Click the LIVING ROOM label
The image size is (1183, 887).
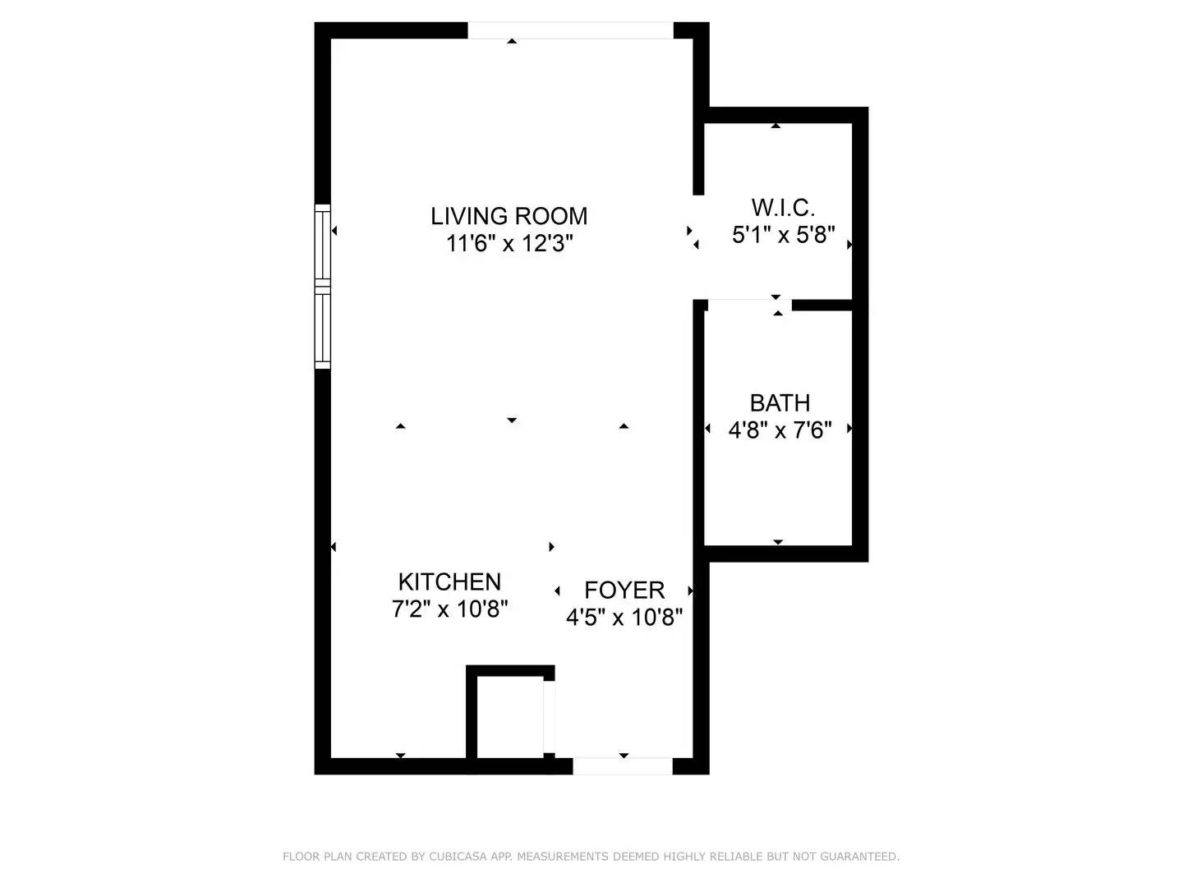(x=509, y=216)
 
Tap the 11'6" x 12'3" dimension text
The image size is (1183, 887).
(x=509, y=244)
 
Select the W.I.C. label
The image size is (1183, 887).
(x=783, y=207)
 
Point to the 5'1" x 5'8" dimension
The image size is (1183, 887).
(x=783, y=236)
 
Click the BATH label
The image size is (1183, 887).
(x=780, y=402)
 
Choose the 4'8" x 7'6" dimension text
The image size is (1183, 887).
(x=780, y=430)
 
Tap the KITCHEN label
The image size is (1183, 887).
(x=449, y=581)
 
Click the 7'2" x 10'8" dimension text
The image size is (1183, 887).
(x=449, y=609)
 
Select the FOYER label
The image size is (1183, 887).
(x=624, y=590)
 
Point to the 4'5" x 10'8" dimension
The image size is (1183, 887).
(x=624, y=617)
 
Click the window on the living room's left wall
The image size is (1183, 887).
(x=323, y=285)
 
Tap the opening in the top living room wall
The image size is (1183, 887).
(x=570, y=30)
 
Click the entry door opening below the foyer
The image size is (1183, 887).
(x=622, y=766)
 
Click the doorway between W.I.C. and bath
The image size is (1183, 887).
(x=748, y=305)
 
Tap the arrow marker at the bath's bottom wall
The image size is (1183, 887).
(x=778, y=542)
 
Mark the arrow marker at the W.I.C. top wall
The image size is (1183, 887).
(x=776, y=126)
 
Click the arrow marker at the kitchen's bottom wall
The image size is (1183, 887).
(x=401, y=756)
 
